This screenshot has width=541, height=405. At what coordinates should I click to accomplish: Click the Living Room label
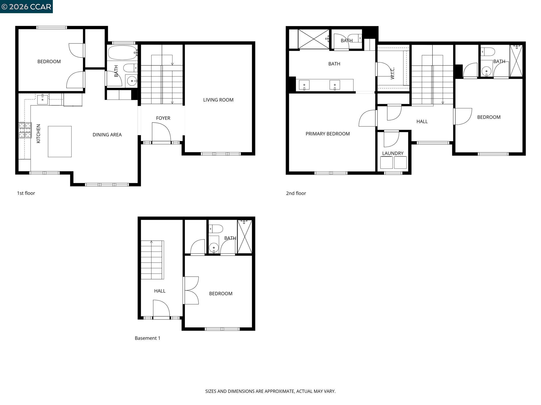(x=218, y=100)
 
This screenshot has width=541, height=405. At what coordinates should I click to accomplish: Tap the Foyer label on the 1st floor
(x=163, y=118)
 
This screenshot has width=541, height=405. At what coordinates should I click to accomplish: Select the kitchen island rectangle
(x=60, y=142)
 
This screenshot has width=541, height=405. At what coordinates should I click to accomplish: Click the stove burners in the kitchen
(x=25, y=130)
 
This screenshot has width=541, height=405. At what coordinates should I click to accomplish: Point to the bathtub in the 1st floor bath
(x=122, y=53)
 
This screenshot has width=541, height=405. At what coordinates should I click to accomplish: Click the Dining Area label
(x=107, y=135)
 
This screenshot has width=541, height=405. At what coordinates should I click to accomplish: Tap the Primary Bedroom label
(x=328, y=134)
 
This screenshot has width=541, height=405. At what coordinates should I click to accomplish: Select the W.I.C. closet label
(x=393, y=73)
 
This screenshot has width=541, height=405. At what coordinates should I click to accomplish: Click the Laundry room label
(x=393, y=153)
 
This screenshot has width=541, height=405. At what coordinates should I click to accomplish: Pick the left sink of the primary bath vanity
(x=304, y=85)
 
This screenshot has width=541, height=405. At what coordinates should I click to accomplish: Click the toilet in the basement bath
(x=216, y=229)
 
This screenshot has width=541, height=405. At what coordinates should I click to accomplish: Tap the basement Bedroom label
(x=221, y=294)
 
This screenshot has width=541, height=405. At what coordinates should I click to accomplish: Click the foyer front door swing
(x=161, y=132)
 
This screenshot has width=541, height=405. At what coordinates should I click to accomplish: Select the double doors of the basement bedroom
(x=191, y=290)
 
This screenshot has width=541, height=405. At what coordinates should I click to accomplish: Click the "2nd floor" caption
(x=296, y=193)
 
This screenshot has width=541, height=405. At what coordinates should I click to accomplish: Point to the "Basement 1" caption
(x=147, y=338)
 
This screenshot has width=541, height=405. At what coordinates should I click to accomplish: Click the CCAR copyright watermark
(x=26, y=7)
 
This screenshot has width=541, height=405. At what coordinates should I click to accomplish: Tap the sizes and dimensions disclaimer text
(x=270, y=391)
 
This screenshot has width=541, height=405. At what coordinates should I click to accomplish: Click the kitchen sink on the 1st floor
(x=43, y=99)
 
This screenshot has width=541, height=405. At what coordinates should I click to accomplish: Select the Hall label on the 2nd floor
(x=422, y=122)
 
